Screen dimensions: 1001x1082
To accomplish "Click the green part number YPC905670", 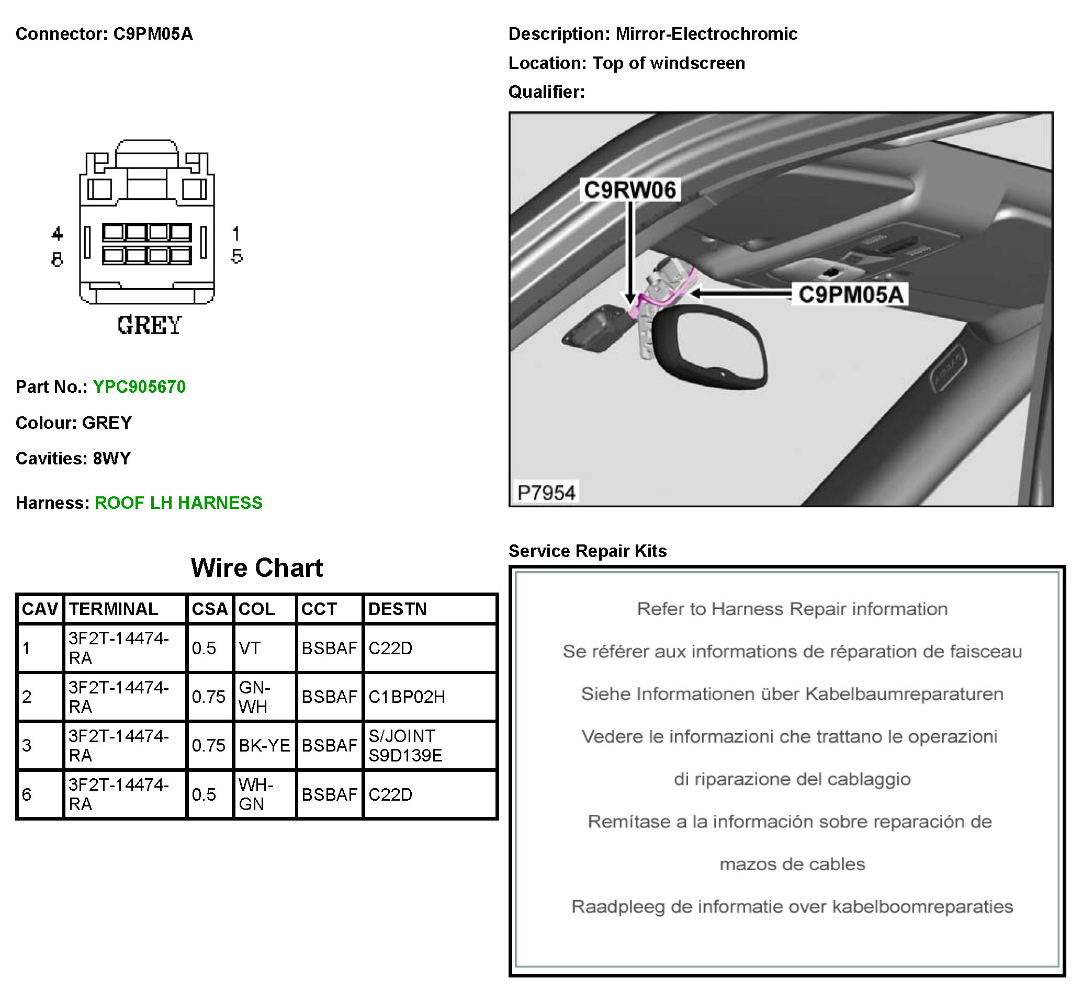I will point(139,387).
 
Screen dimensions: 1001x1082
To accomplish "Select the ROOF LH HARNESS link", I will point(178,503).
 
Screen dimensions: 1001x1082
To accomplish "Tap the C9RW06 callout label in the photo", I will point(629,190).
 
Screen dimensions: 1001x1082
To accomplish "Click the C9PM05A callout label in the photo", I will point(850,294).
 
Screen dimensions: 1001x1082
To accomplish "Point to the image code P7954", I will point(546,493).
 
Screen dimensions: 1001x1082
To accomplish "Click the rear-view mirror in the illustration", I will point(710,347).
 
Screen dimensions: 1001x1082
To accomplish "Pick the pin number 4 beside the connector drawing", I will point(57,234).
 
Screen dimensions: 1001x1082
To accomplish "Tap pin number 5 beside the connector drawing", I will point(237,257).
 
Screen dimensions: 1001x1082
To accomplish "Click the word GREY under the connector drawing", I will point(149,325).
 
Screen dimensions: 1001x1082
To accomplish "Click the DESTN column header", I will point(397,609).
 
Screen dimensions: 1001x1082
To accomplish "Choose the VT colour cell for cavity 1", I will point(250,649).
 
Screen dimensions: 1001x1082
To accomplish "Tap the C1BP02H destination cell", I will point(407,697).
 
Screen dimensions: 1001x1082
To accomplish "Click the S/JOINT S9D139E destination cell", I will point(405,745).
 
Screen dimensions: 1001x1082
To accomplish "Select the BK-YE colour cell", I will point(264,745).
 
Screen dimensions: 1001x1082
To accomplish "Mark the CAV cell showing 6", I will point(27,794).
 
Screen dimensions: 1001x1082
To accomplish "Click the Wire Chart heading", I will point(257,567).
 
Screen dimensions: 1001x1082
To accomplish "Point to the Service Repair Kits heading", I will point(588,551).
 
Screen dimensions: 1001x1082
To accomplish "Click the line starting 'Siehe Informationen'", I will point(792,694).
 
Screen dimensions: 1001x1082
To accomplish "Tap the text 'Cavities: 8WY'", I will point(73,458).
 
